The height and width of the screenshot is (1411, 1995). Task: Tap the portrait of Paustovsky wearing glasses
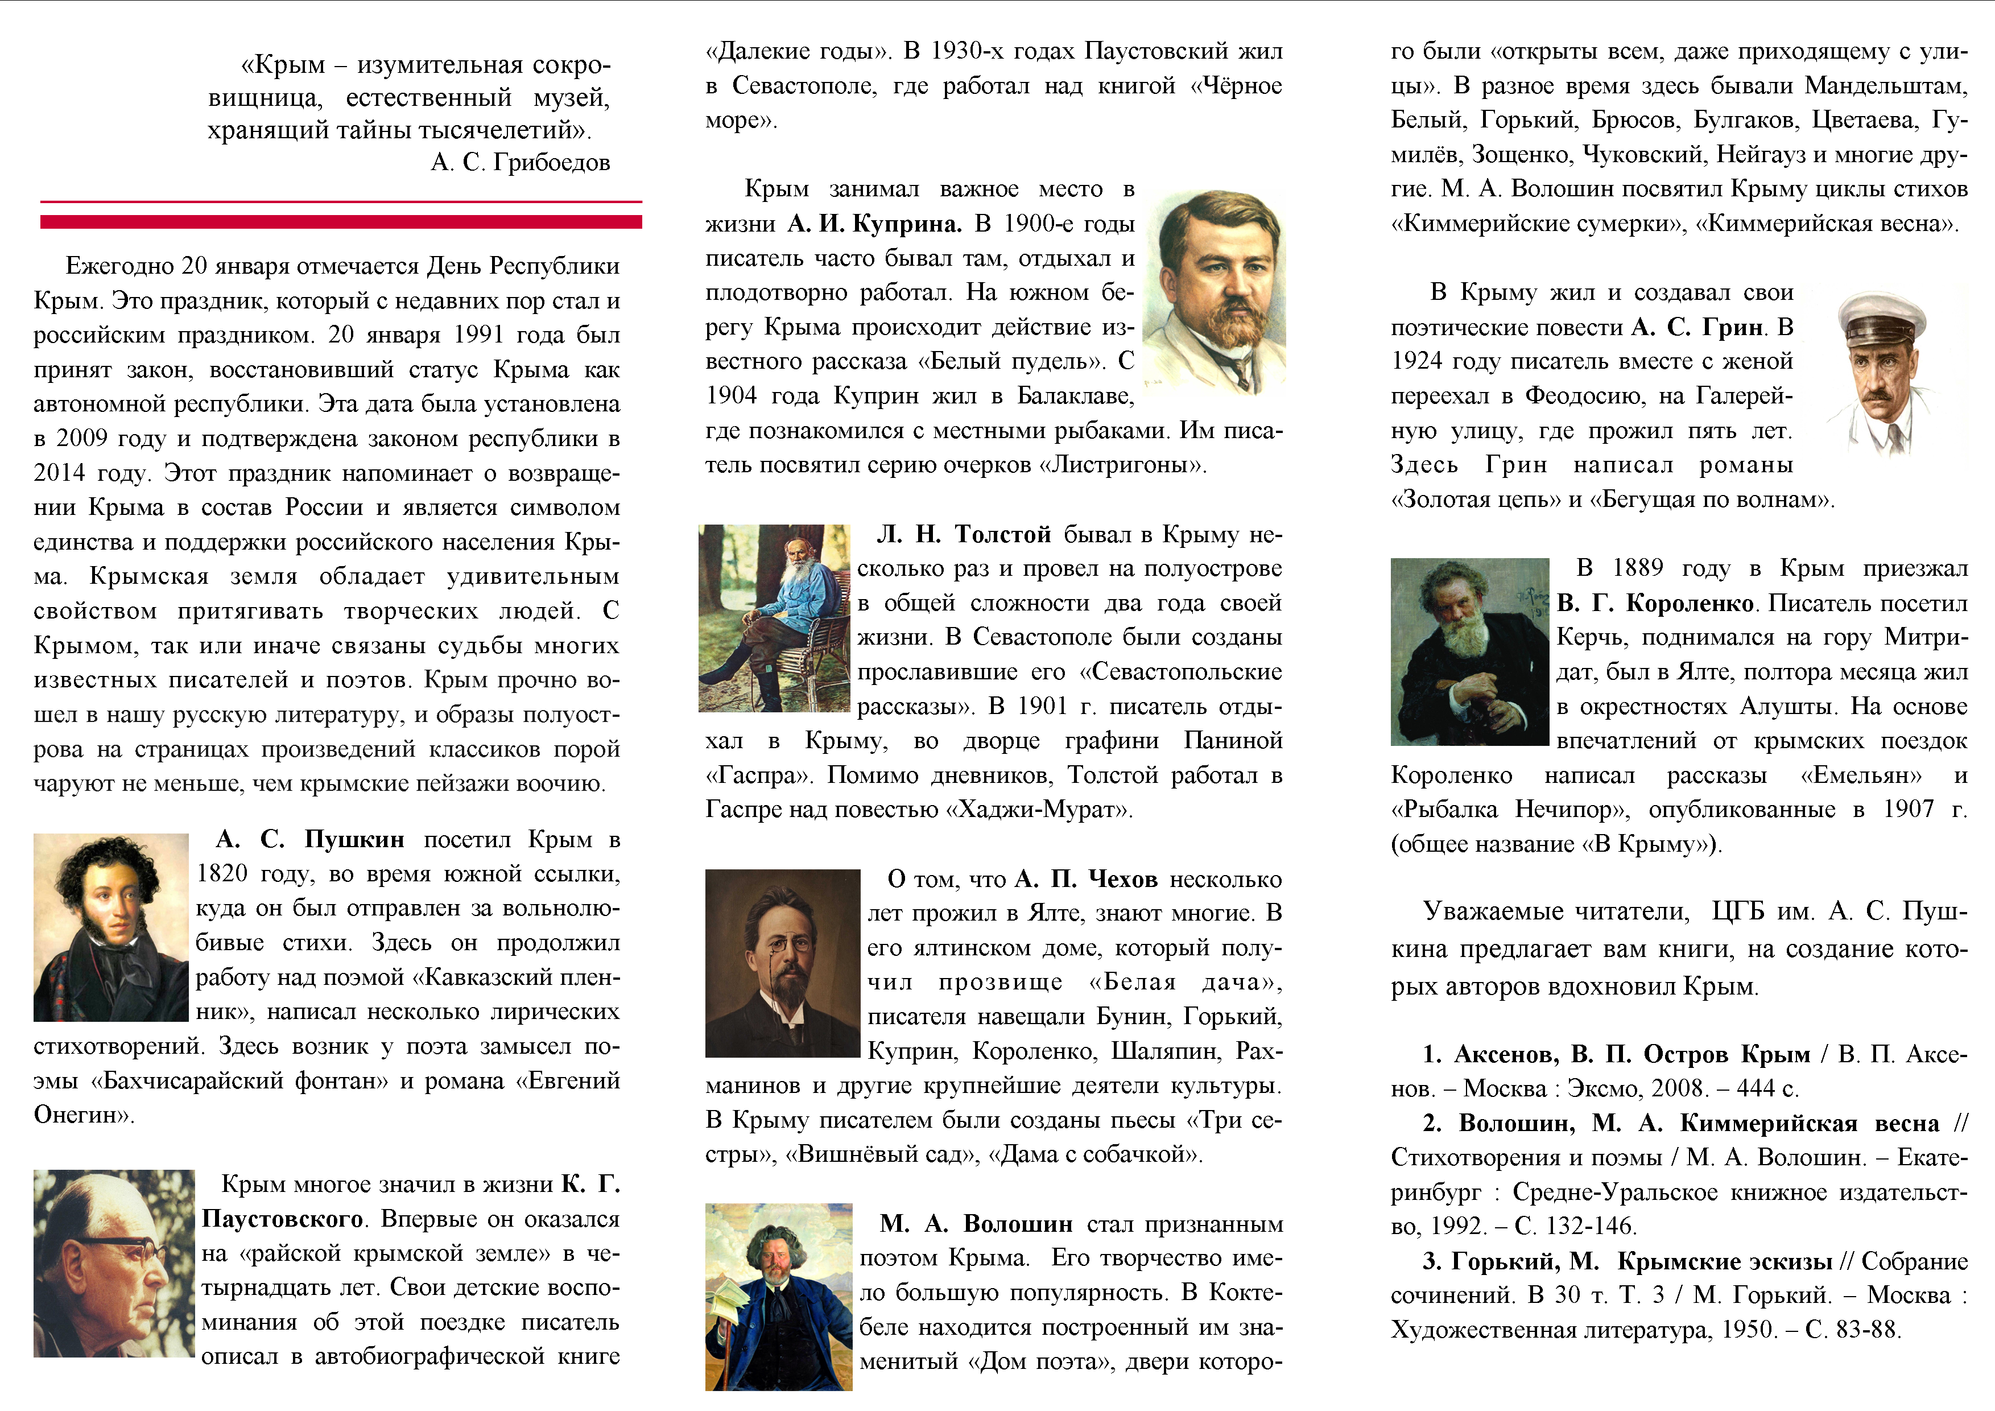[113, 1263]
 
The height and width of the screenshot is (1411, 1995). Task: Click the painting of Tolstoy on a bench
[774, 618]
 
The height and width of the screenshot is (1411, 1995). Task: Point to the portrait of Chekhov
[782, 963]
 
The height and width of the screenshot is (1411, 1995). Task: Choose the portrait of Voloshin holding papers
[779, 1296]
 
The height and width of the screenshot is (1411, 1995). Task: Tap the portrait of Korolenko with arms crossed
[1469, 651]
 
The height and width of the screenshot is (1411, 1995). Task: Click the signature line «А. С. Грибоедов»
[521, 163]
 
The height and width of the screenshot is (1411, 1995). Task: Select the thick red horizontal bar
[341, 222]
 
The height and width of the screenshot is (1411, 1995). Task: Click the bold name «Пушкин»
[354, 839]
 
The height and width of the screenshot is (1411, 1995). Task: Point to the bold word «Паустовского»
[282, 1219]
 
